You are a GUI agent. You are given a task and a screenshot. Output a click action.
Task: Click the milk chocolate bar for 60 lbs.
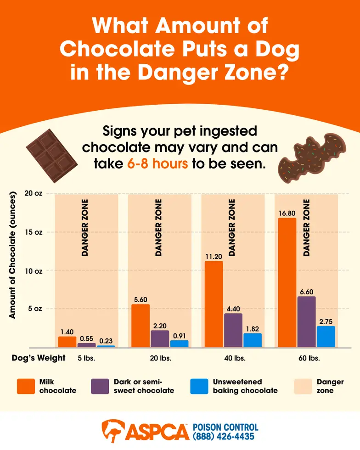point(287,282)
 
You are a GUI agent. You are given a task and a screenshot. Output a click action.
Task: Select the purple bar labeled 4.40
point(233,330)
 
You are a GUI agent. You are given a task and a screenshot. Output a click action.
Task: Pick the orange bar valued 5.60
point(141,326)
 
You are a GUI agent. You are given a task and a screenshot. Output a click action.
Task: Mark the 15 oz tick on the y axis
point(34,232)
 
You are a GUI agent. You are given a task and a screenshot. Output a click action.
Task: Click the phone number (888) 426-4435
point(224,436)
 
